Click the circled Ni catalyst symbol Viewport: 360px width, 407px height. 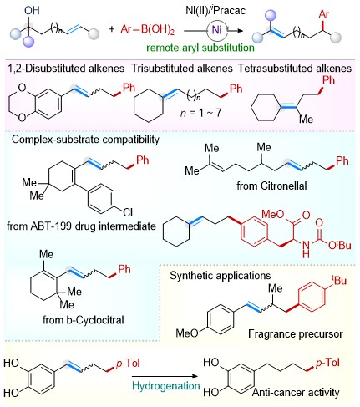[217, 30]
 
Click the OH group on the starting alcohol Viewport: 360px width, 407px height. [32, 10]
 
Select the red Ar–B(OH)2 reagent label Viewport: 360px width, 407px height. [148, 29]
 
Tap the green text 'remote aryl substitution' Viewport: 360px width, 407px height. [200, 48]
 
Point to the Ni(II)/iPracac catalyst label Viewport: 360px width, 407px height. [215, 10]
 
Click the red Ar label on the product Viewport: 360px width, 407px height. [324, 14]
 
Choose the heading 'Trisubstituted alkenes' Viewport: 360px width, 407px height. [182, 69]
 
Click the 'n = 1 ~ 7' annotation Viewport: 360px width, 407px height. [200, 113]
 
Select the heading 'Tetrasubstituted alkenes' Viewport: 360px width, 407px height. [295, 69]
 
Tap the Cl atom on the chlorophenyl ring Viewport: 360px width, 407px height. [128, 212]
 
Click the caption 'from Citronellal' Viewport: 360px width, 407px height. [271, 186]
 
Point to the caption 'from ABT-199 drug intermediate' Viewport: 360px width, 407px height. [81, 226]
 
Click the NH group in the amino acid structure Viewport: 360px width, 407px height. [306, 249]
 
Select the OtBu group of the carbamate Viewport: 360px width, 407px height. [340, 245]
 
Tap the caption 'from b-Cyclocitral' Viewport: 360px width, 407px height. [84, 320]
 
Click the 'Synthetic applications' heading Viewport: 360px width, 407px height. [221, 276]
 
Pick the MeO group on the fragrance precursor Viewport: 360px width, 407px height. [187, 333]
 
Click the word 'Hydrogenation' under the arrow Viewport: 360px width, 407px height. [166, 386]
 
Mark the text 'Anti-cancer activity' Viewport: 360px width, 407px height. [296, 393]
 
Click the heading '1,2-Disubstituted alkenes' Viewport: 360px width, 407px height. [66, 69]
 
